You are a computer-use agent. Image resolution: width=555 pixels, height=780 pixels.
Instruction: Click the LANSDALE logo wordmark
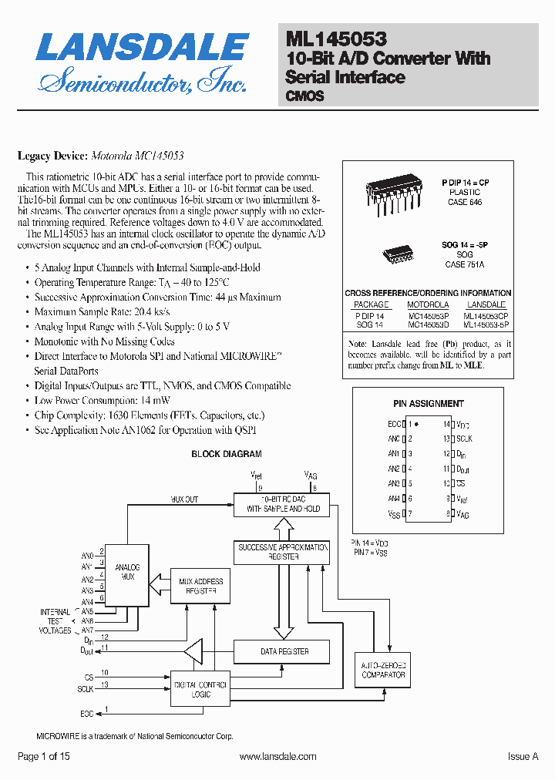pos(143,48)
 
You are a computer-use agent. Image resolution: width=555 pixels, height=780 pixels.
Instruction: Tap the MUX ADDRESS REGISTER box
pos(200,587)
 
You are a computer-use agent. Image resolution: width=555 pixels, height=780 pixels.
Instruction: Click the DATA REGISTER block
pos(284,651)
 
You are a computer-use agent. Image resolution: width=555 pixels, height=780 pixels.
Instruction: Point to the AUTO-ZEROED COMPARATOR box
pos(383,670)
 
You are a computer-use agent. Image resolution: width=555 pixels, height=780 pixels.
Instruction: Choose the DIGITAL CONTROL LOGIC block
pos(200,689)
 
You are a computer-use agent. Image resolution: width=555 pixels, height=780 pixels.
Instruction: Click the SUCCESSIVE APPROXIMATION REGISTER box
pos(284,551)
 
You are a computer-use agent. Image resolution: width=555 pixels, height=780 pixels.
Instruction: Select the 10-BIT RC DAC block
pos(283,504)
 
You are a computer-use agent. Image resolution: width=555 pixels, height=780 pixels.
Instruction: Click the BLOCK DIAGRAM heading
pos(227,454)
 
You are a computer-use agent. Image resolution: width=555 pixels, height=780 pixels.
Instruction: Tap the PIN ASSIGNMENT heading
pos(429,403)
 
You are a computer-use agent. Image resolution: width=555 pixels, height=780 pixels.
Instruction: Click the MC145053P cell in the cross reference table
pos(428,315)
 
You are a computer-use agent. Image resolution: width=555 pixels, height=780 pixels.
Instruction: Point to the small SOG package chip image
pos(398,253)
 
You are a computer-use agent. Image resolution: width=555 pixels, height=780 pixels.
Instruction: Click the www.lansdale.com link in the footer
pos(277,757)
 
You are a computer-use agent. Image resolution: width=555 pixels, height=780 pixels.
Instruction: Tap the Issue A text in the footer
pos(523,757)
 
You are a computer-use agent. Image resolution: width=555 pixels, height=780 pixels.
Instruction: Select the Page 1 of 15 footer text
pos(43,757)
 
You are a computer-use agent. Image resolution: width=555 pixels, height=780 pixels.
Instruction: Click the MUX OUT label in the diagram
pos(184,499)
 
